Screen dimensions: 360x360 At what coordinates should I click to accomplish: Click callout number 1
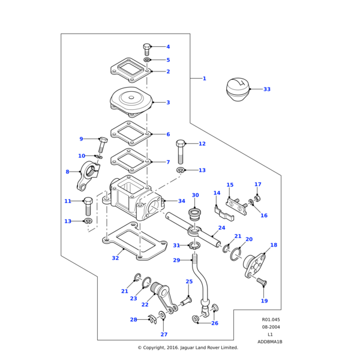pyautogui.click(x=204, y=79)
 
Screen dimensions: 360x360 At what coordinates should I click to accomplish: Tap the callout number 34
pyautogui.click(x=182, y=201)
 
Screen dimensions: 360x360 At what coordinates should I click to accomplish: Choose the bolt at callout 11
pyautogui.click(x=88, y=205)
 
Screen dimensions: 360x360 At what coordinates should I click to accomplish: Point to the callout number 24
pyautogui.click(x=221, y=228)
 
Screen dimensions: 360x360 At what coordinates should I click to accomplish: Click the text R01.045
pyautogui.click(x=271, y=320)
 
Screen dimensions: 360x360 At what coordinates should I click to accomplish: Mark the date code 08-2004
pyautogui.click(x=271, y=327)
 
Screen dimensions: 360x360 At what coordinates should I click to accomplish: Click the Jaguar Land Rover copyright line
pyautogui.click(x=188, y=347)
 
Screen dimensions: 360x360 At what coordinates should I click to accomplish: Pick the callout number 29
pyautogui.click(x=176, y=260)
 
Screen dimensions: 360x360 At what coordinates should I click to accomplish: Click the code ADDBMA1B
pyautogui.click(x=270, y=341)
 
